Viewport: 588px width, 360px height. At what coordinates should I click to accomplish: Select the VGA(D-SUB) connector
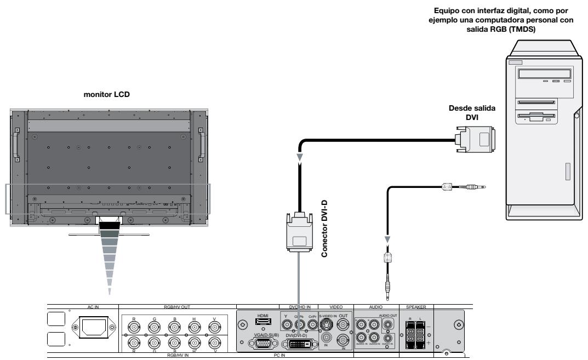261,344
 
